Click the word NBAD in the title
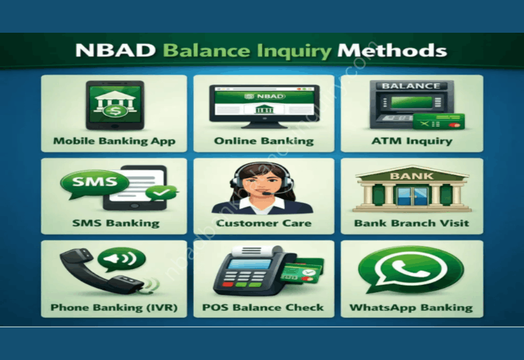coord(113,50)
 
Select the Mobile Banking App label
coord(114,141)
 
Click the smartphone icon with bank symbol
coord(114,105)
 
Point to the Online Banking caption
coord(264,141)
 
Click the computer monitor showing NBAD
coord(265,101)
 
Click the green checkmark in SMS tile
coord(162,193)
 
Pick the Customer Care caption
coord(264,223)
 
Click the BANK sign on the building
coord(412,176)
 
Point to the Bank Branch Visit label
coord(412,223)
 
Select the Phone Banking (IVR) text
coord(114,307)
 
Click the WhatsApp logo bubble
coord(411,266)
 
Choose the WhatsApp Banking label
coord(411,307)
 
